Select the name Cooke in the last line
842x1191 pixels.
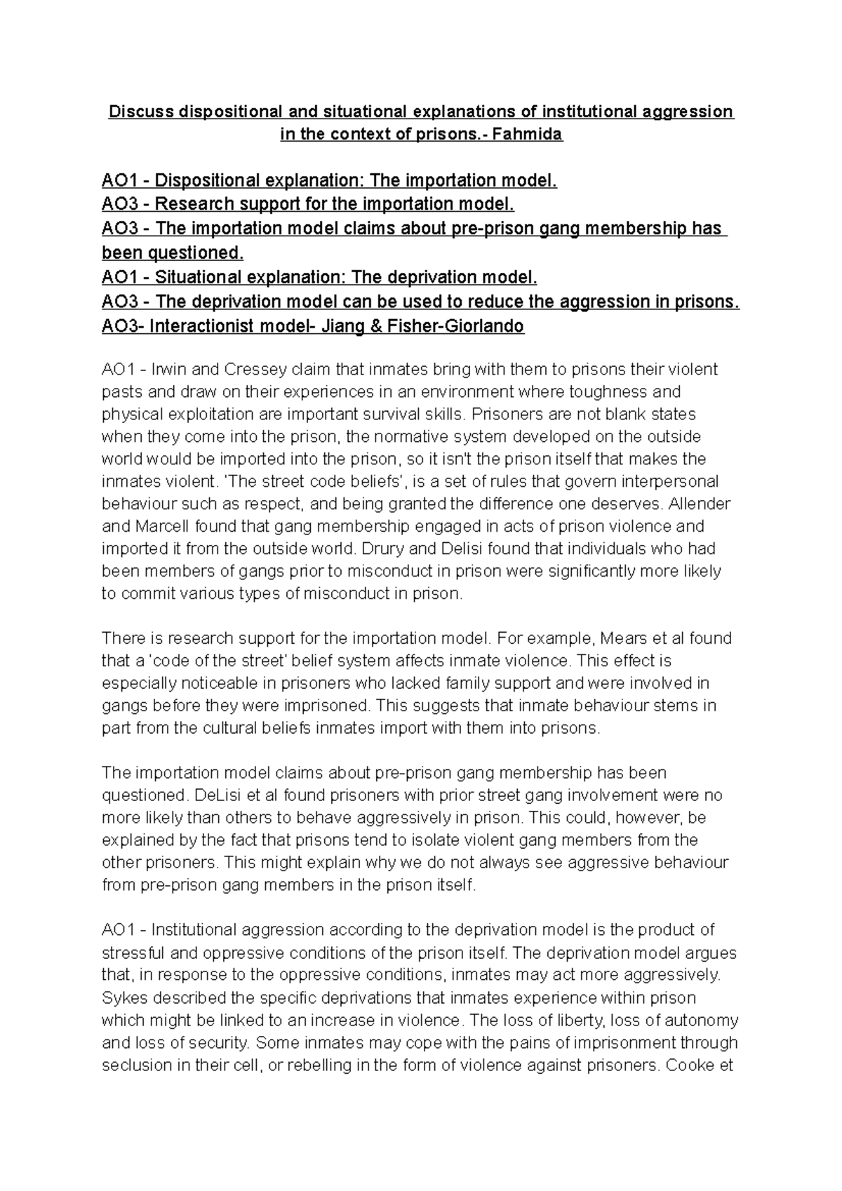[x=691, y=1065]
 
